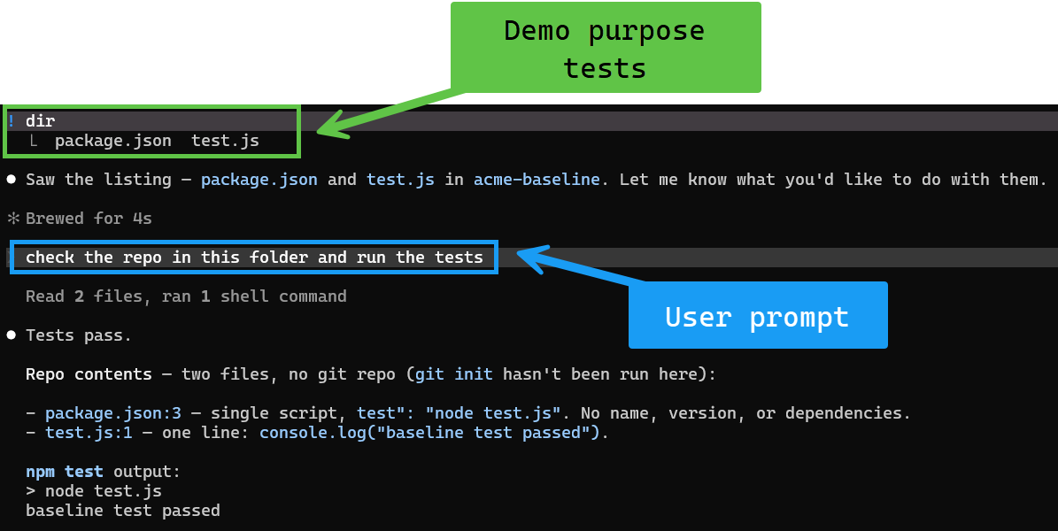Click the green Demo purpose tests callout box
click(x=606, y=47)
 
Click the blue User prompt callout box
click(x=758, y=315)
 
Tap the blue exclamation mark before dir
click(x=12, y=121)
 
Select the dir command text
click(x=41, y=121)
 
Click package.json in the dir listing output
click(x=112, y=141)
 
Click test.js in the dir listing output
click(x=226, y=141)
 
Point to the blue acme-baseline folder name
click(x=537, y=180)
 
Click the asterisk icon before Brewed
click(x=12, y=219)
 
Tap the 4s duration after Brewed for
click(x=143, y=219)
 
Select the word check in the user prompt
click(x=50, y=257)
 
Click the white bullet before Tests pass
click(x=12, y=335)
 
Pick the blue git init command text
click(x=453, y=374)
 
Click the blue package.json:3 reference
click(x=113, y=413)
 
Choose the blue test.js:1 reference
click(x=89, y=433)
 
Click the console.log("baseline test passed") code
click(x=429, y=433)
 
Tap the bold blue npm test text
click(x=65, y=471)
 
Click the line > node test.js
click(x=94, y=490)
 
